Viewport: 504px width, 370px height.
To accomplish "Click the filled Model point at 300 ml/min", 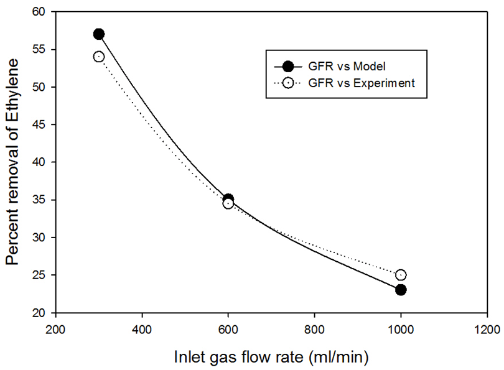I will tap(99, 34).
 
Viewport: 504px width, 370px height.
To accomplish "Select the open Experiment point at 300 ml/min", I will tap(99, 57).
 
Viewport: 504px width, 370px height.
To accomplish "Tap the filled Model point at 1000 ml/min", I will tap(401, 290).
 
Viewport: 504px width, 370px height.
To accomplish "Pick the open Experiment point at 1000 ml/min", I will tap(401, 275).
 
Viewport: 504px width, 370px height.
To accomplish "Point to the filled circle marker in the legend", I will tap(287, 67).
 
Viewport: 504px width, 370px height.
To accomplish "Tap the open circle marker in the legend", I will tap(287, 83).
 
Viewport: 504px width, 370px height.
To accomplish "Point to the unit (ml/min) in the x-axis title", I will tap(340, 357).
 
